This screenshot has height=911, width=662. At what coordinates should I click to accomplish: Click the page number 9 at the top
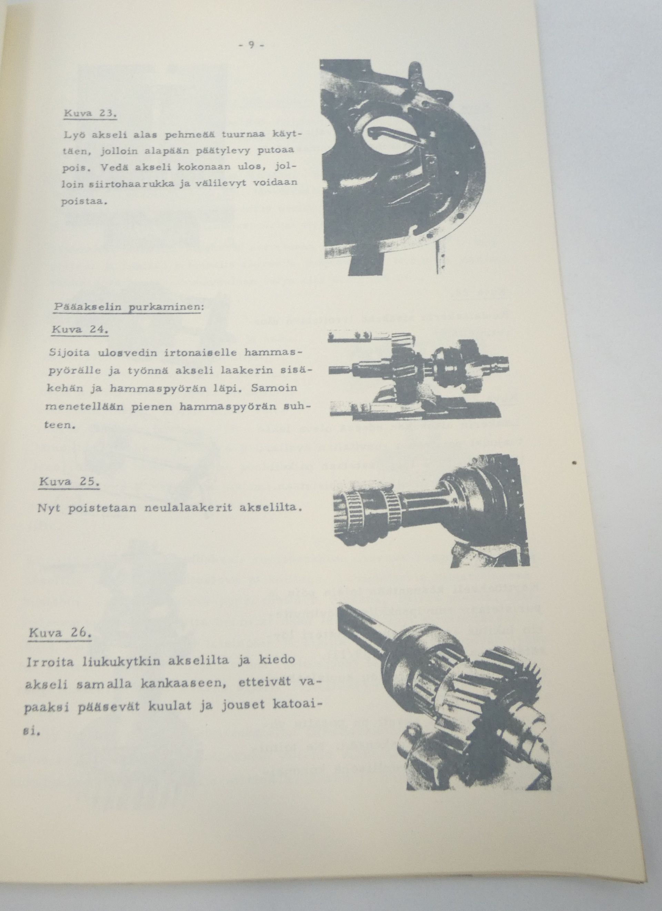click(x=250, y=45)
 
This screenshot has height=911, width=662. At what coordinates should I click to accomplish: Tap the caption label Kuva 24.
click(x=80, y=330)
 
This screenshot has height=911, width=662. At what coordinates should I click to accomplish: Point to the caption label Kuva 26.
click(x=60, y=633)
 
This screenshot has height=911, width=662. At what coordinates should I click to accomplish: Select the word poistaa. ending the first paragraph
click(x=84, y=202)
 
